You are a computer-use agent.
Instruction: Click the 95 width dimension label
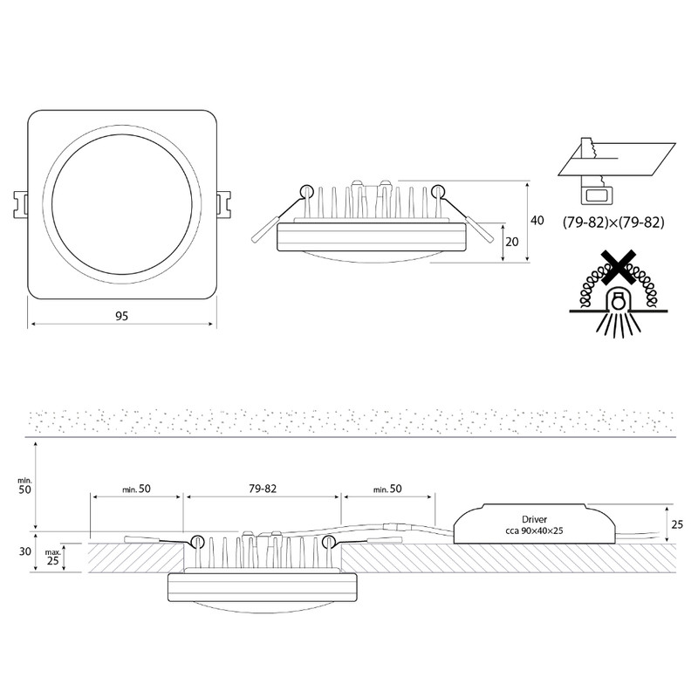121,316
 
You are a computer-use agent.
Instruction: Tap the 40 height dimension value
537,221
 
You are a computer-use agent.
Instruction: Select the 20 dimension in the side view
512,242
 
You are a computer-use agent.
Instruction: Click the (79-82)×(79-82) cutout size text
613,222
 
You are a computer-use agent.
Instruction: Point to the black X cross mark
618,267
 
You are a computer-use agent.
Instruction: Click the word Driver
534,519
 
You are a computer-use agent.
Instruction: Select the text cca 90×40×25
534,530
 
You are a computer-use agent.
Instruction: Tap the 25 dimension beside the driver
677,524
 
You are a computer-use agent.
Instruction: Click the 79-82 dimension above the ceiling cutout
263,489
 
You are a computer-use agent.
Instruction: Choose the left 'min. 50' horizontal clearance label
137,489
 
